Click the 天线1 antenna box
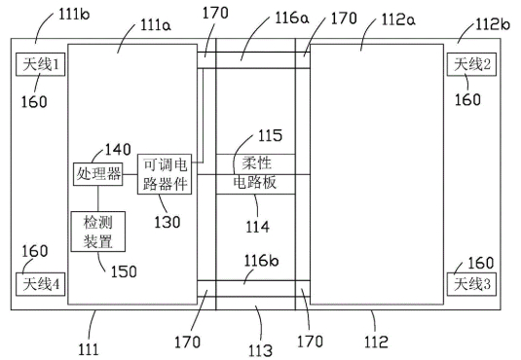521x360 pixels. [x=41, y=64]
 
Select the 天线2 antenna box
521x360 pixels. [x=471, y=64]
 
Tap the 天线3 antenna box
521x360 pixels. [x=471, y=284]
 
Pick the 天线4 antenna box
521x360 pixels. [x=41, y=284]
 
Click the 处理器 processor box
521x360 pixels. [x=98, y=174]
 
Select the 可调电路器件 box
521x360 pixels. [x=165, y=174]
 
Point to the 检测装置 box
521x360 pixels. [x=98, y=232]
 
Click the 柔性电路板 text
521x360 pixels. [x=255, y=172]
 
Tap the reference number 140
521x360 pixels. [x=118, y=150]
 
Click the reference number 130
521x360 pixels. [x=167, y=222]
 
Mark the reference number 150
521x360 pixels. [x=124, y=271]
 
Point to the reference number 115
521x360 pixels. [x=270, y=135]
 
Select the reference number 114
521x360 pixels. [x=257, y=227]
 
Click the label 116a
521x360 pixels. [x=292, y=18]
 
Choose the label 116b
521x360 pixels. [x=261, y=261]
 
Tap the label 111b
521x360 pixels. [x=74, y=14]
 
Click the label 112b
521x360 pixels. [x=493, y=24]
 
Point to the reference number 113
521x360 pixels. [x=261, y=350]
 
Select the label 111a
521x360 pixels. [x=156, y=25]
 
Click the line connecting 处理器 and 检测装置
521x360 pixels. [x=98, y=198]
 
